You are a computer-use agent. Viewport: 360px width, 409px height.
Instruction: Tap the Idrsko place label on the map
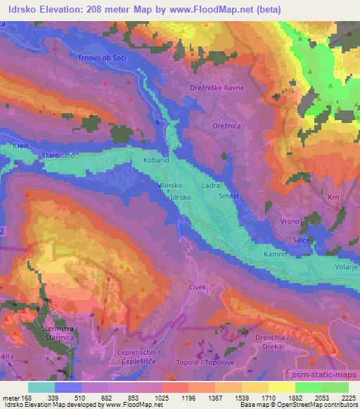click(181, 198)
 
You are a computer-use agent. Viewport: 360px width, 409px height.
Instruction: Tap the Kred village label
click(19, 146)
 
